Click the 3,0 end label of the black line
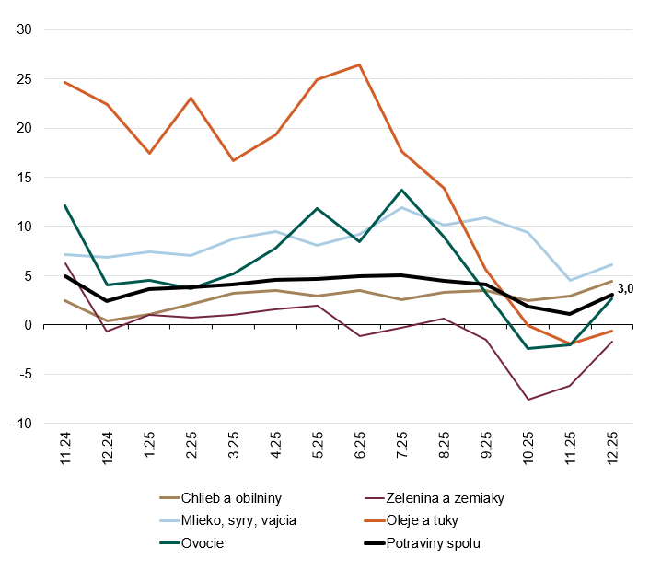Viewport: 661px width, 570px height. [625, 288]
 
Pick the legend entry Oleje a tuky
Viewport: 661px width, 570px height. [427, 520]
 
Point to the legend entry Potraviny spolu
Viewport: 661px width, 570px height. [434, 542]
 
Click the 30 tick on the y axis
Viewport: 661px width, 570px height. [25, 29]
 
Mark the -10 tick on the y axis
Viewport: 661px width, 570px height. [22, 424]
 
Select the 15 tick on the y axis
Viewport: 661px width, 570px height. [25, 177]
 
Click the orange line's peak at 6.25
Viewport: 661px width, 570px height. [359, 64]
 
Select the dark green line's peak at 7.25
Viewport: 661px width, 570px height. [401, 190]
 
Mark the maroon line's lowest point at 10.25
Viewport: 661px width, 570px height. [528, 400]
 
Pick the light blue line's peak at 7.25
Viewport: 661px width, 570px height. [401, 207]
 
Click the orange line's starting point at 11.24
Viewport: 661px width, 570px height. [64, 82]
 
